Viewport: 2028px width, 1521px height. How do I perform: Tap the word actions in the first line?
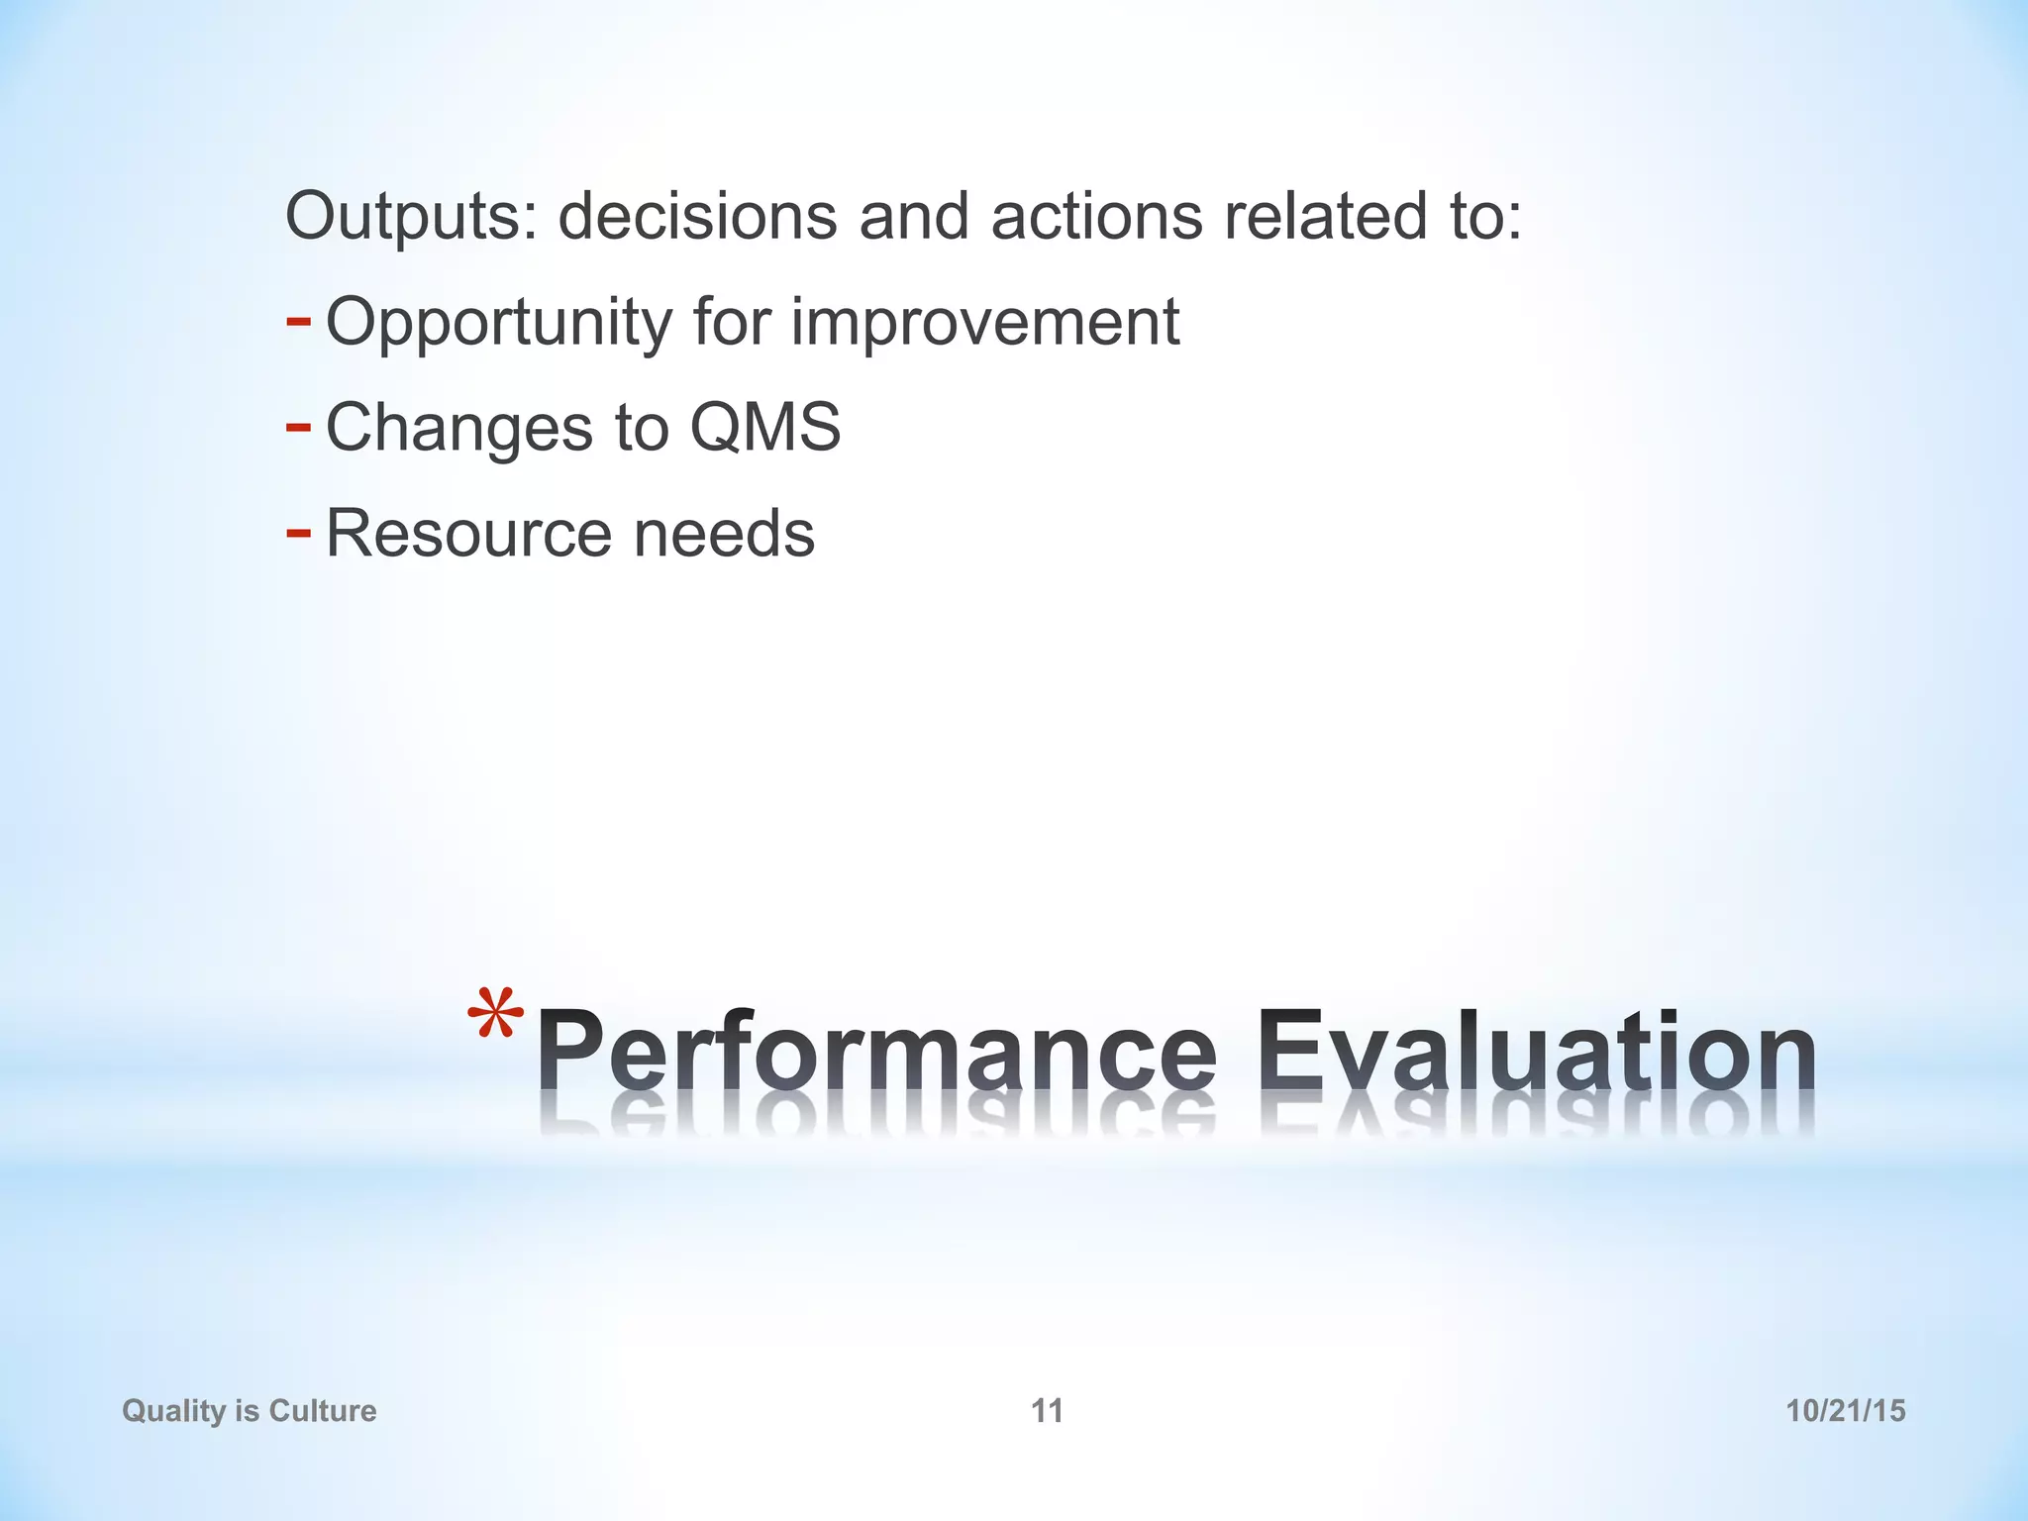point(1096,216)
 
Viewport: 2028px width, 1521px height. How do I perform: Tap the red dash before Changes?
point(298,427)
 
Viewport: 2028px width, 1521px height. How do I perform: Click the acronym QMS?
point(764,428)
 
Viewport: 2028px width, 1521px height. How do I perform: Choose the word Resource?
point(468,534)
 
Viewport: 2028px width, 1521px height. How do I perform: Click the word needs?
point(724,534)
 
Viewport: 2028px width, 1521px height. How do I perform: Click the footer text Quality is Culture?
point(250,1410)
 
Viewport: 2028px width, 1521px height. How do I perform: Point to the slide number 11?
point(1047,1410)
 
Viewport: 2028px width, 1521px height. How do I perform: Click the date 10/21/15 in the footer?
point(1845,1410)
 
